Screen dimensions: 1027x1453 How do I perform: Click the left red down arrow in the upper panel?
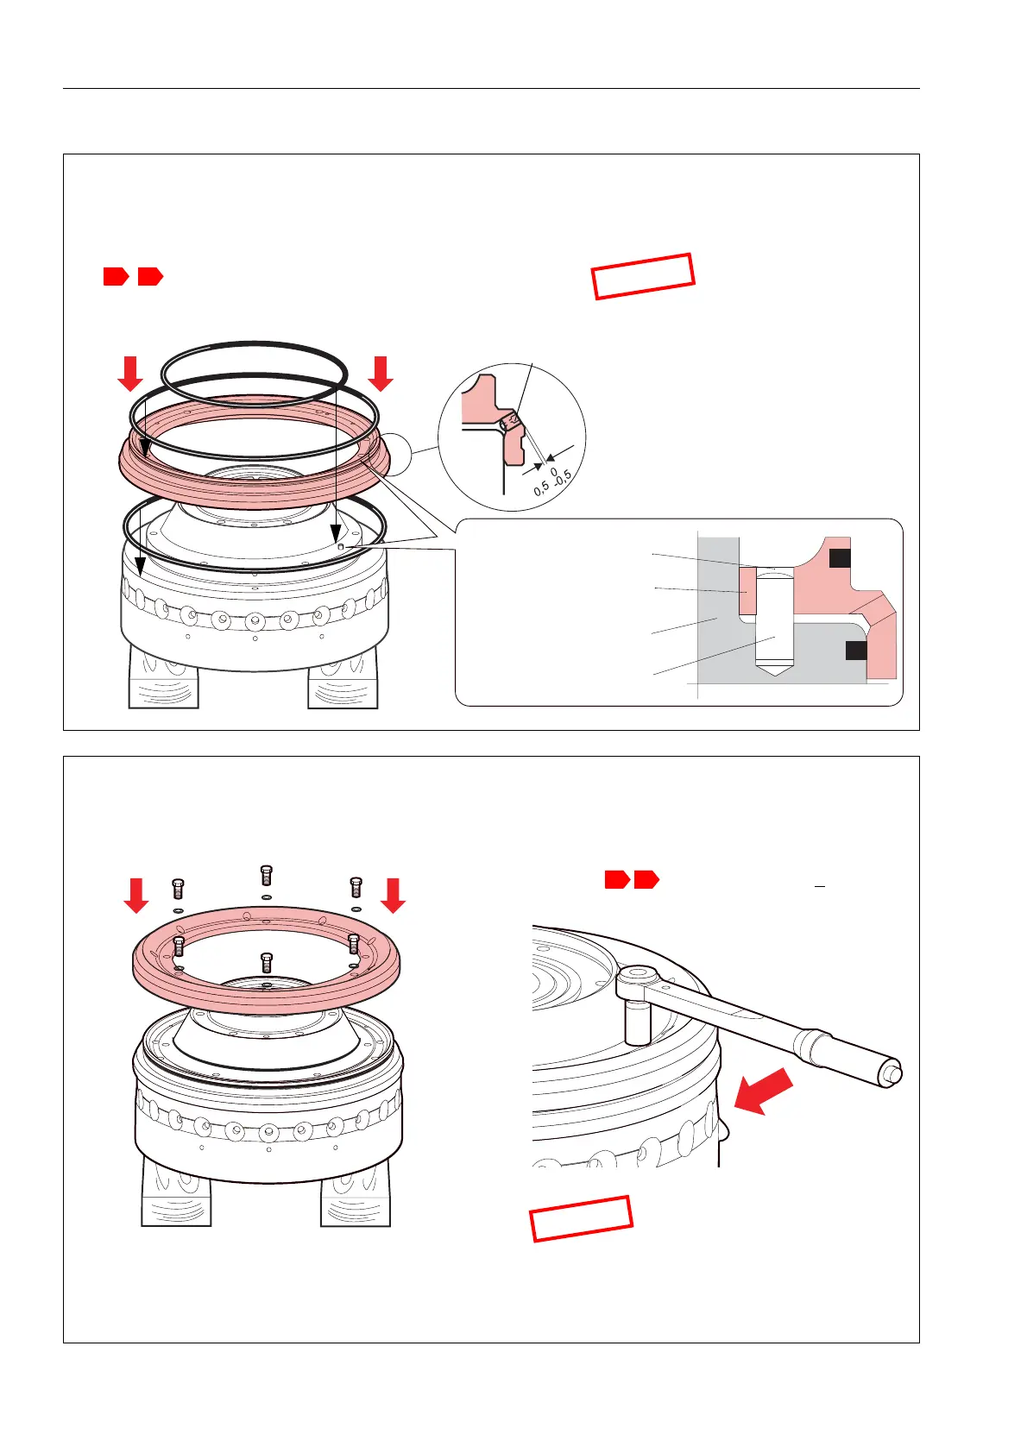click(x=130, y=374)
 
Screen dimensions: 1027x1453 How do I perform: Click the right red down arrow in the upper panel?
click(x=381, y=374)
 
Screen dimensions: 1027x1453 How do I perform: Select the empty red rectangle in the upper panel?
click(x=643, y=276)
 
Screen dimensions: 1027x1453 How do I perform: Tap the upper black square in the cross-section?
click(x=840, y=559)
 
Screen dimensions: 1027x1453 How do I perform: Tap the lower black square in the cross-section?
click(x=856, y=650)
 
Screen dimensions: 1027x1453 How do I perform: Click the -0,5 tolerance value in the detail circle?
click(x=564, y=479)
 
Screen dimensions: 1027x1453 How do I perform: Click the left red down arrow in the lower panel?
click(x=136, y=895)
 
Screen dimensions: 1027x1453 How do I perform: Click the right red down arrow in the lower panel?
click(x=394, y=895)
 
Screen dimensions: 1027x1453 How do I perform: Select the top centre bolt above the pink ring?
click(x=266, y=875)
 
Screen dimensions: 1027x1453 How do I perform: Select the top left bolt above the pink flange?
click(x=179, y=889)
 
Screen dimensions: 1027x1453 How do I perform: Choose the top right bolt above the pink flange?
click(x=356, y=887)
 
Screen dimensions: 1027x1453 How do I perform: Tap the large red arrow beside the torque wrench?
click(x=764, y=1091)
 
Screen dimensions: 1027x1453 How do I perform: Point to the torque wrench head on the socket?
click(x=639, y=978)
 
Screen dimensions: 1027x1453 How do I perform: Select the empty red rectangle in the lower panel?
click(x=582, y=1219)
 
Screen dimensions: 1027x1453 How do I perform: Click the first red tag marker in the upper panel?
click(x=117, y=276)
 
